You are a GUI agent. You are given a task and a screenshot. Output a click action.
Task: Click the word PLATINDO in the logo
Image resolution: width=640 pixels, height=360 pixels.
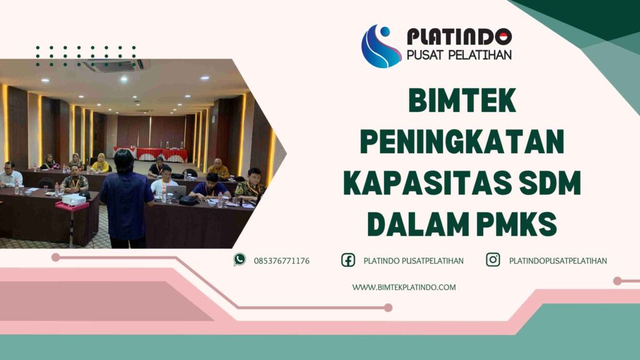pos(459,37)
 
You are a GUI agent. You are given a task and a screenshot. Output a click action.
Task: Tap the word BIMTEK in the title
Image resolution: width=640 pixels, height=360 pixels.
pos(462,101)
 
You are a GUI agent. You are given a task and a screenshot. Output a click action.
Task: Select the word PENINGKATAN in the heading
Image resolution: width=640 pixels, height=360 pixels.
pos(462,142)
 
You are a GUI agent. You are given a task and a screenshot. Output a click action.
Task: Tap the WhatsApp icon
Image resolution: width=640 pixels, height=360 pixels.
pos(240,260)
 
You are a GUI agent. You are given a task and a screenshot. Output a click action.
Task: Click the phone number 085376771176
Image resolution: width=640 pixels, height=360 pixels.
pos(281,261)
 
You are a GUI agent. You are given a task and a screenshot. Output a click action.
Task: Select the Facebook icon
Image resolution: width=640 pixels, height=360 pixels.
pos(348,260)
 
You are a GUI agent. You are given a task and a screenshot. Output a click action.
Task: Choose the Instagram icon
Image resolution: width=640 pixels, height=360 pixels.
pos(493,260)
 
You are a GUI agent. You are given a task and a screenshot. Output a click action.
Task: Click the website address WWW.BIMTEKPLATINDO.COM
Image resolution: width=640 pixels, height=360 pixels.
pos(404,287)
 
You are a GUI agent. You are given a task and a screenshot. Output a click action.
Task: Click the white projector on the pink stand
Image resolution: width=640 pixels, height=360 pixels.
pos(74,199)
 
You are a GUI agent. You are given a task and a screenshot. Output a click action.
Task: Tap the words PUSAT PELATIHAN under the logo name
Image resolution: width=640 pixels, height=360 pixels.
pos(459,54)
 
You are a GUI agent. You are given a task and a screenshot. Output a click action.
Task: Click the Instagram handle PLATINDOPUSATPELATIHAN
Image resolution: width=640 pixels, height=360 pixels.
pos(558,261)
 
